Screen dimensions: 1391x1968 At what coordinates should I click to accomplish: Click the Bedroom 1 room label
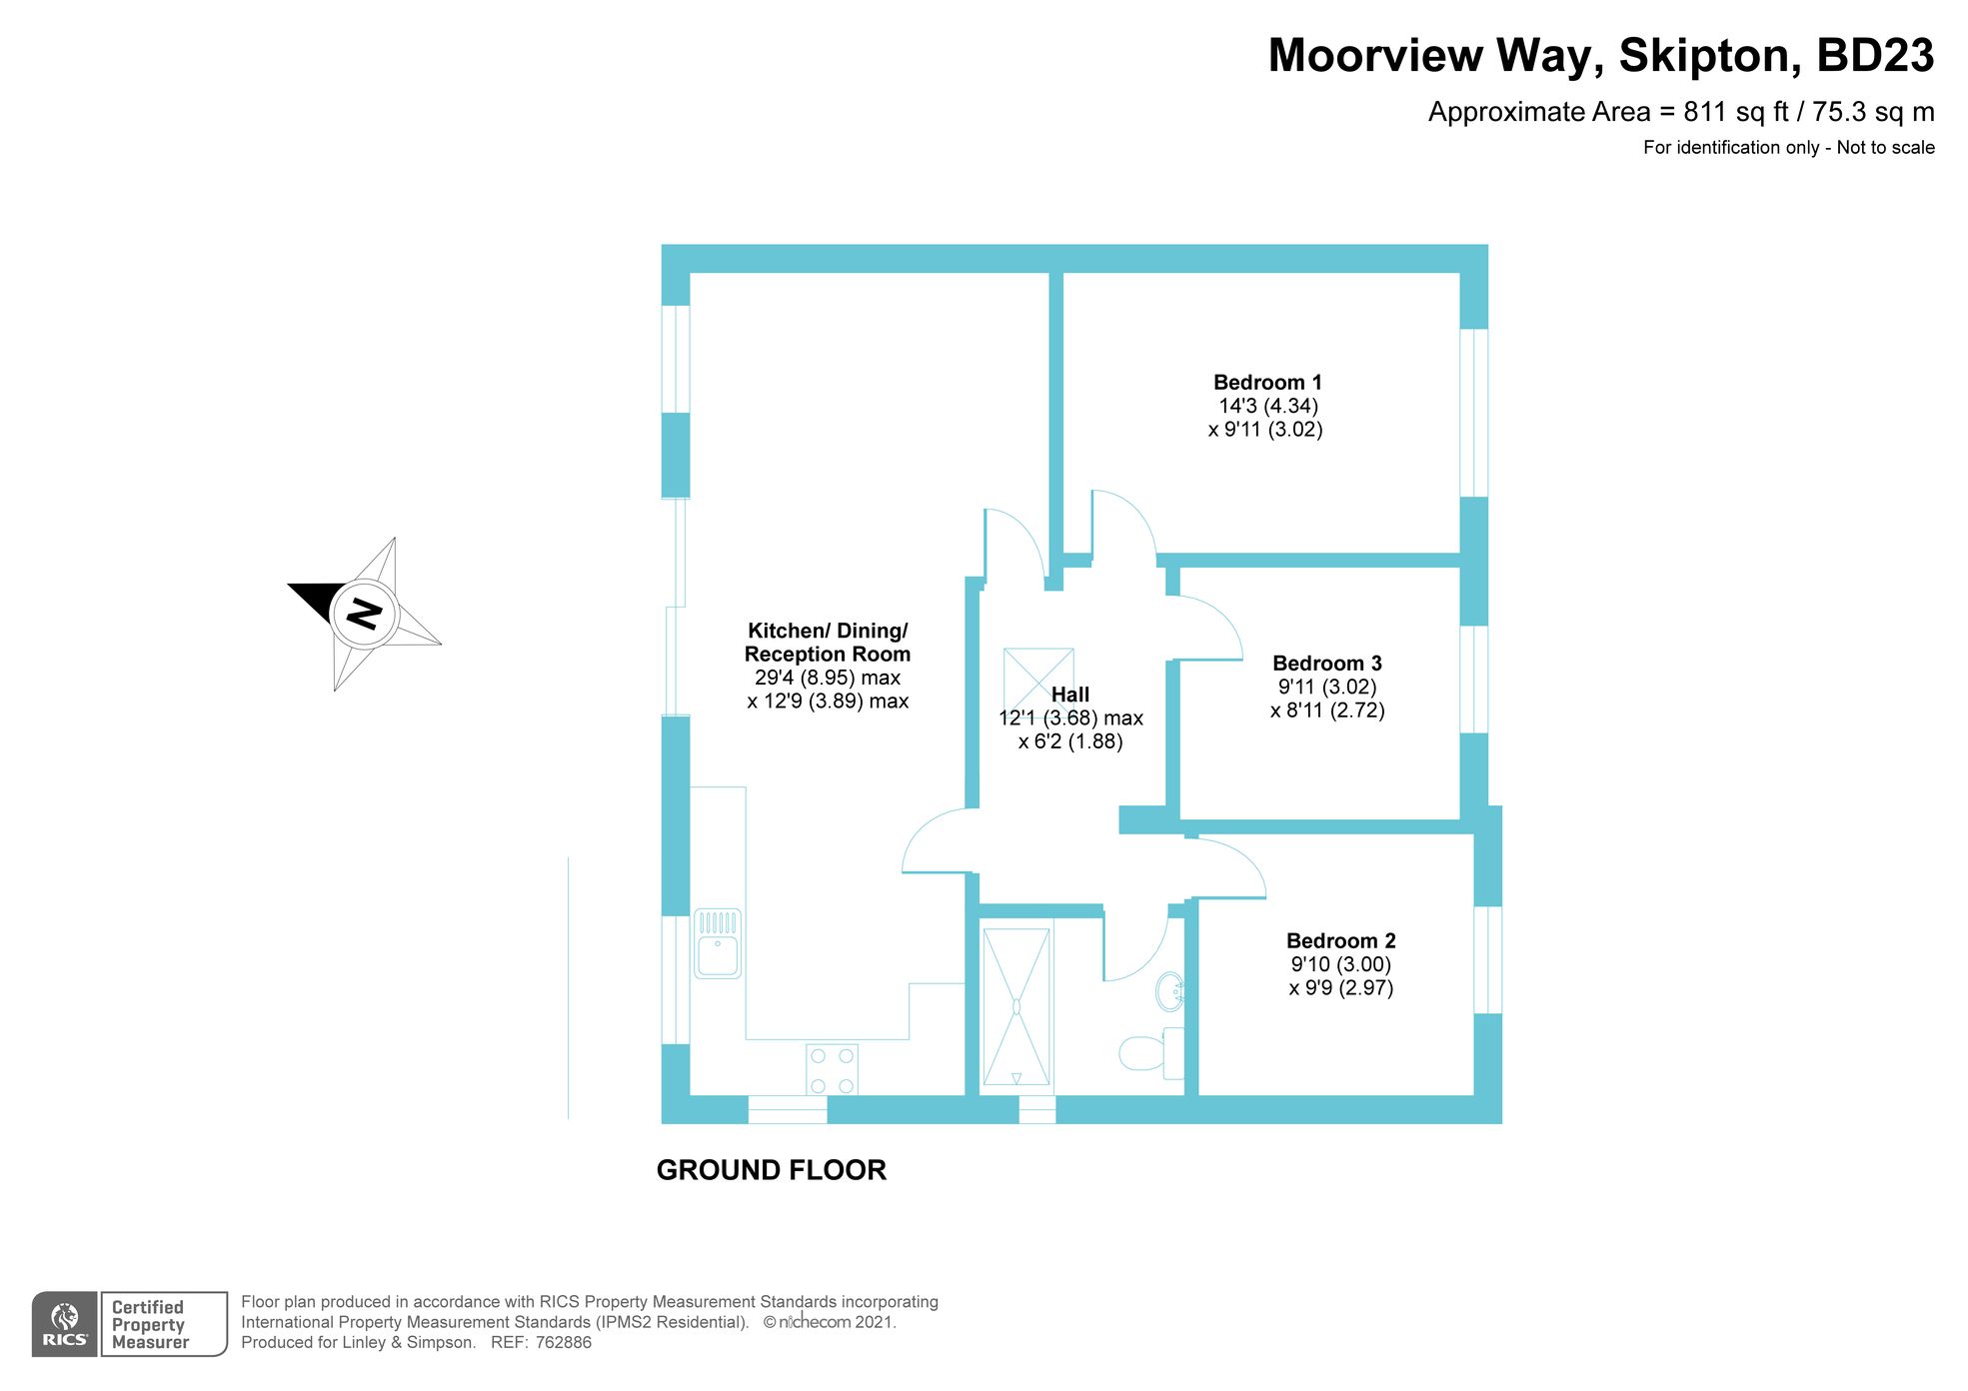click(1266, 383)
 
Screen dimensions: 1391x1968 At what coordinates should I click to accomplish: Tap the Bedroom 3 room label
click(1326, 664)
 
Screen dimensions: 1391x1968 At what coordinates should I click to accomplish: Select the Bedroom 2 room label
click(1340, 941)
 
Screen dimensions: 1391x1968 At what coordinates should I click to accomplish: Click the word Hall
click(1069, 695)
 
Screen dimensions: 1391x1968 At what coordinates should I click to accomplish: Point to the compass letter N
click(364, 613)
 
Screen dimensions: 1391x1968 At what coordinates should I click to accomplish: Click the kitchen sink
click(718, 943)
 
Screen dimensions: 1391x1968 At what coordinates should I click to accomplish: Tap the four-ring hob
click(832, 1069)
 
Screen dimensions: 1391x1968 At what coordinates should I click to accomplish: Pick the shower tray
click(1016, 1006)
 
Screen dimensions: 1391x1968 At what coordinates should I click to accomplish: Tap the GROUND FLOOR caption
click(771, 1170)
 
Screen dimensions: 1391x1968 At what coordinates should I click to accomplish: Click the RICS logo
click(65, 1324)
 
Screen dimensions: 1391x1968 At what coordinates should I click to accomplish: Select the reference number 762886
click(564, 1343)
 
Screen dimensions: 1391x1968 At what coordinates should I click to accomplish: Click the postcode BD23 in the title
click(1874, 56)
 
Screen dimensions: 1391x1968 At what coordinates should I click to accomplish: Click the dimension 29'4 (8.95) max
click(827, 678)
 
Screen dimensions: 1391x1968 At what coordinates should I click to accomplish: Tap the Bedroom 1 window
click(1473, 413)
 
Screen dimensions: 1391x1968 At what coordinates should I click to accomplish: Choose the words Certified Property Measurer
click(150, 1325)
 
